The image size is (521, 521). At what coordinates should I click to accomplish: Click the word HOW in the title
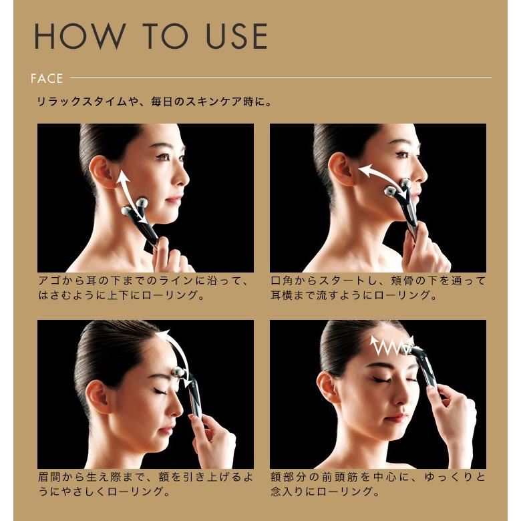coord(79,36)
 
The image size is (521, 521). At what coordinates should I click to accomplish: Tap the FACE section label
coord(47,78)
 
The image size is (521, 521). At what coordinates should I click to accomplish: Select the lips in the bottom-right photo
coord(397,417)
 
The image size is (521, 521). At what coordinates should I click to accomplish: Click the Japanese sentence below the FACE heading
coord(154,102)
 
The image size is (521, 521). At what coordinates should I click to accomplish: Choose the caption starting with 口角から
coord(378,288)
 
